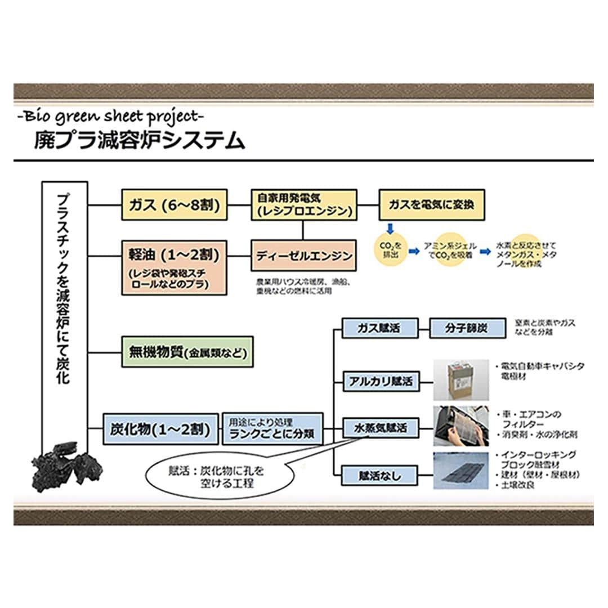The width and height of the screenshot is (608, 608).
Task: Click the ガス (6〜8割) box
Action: click(175, 204)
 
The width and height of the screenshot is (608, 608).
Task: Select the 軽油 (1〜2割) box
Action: click(175, 267)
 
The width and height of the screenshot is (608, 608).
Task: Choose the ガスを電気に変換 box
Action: click(431, 204)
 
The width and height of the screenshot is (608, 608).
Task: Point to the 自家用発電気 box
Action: click(303, 204)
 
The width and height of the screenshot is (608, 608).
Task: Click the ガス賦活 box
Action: click(380, 328)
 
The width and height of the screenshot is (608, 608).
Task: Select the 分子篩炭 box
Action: click(467, 328)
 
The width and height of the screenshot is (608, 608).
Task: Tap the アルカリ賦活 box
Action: click(380, 382)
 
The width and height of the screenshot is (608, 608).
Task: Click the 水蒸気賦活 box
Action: click(380, 428)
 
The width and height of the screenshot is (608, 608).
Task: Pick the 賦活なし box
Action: click(380, 475)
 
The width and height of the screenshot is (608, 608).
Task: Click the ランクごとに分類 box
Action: click(273, 428)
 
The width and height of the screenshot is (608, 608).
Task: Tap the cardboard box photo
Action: click(461, 379)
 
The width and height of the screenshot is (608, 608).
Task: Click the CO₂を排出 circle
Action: click(390, 249)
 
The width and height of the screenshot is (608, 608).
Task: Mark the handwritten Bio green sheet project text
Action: click(110, 117)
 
